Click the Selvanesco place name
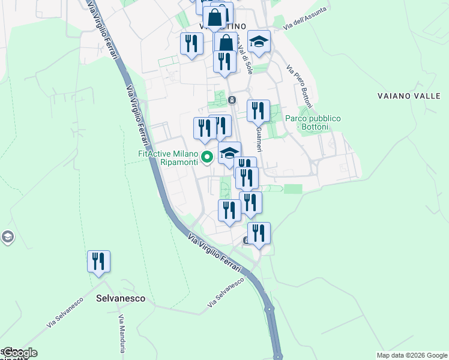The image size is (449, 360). click(121, 298)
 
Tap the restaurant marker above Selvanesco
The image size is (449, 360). click(98, 262)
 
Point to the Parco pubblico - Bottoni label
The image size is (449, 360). click(313, 123)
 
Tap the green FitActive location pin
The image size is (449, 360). click(208, 158)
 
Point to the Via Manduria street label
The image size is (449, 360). click(122, 334)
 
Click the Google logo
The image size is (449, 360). click(19, 353)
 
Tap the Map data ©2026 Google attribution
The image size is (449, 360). click(412, 355)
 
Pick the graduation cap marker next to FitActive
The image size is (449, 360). click(229, 152)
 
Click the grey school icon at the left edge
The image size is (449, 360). click(7, 237)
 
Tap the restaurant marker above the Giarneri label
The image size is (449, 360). click(258, 110)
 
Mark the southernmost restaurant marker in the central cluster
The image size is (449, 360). click(259, 233)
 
